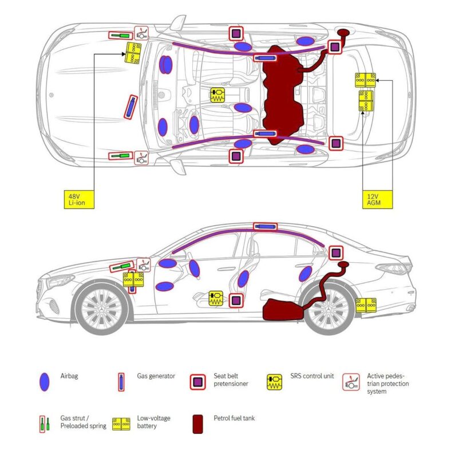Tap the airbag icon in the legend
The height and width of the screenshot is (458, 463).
click(x=44, y=382)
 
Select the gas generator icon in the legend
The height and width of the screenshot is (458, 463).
click(x=121, y=382)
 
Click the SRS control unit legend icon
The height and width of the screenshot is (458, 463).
click(x=275, y=382)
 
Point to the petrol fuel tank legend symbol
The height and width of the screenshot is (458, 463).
click(x=198, y=424)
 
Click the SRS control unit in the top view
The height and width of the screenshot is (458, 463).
click(x=217, y=96)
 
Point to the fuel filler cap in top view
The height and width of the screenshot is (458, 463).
click(x=344, y=33)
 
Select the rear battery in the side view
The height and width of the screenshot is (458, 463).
click(x=365, y=305)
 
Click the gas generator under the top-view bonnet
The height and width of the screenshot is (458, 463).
click(x=132, y=106)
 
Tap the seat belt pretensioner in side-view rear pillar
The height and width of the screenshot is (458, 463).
click(x=335, y=252)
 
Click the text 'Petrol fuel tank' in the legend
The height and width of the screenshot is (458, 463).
click(x=234, y=418)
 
